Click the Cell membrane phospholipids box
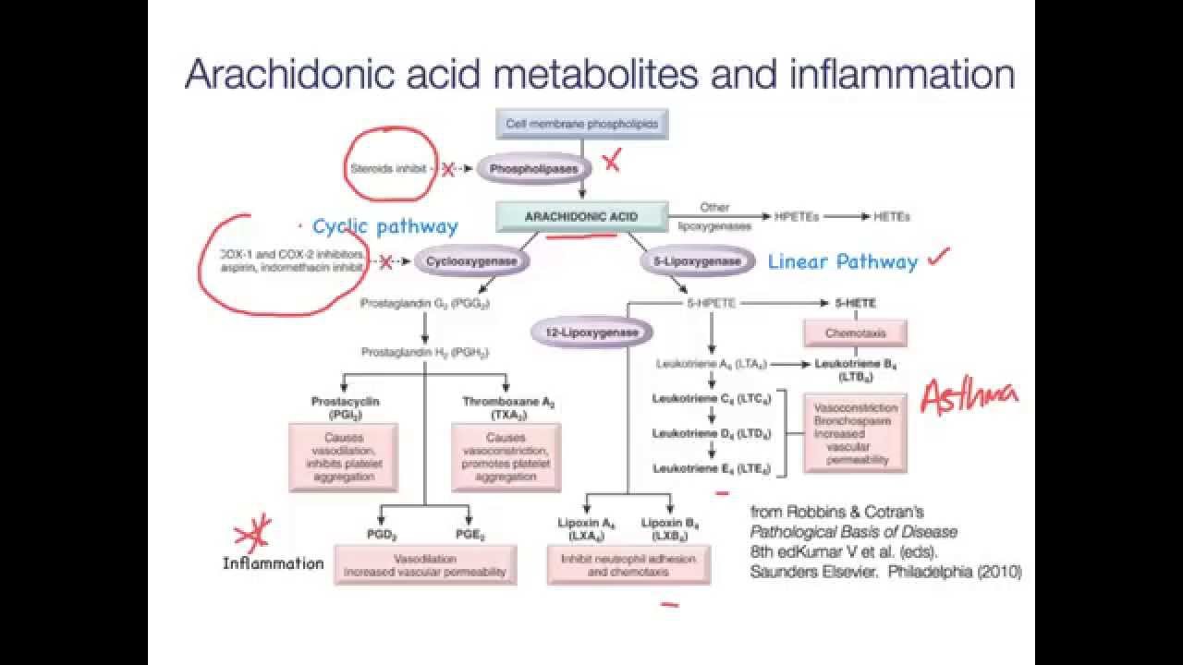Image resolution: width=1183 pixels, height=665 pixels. pos(581,123)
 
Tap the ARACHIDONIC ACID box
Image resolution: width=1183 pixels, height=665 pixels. pos(581,217)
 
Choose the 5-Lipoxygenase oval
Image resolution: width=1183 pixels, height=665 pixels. pos(697,261)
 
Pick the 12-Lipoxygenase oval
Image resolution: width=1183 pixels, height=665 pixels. pos(592,332)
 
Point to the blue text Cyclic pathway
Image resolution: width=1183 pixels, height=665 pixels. pos(384,226)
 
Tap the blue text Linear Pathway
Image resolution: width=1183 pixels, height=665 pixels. pos(843,262)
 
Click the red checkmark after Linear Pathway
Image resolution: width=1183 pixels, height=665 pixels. pos(939,257)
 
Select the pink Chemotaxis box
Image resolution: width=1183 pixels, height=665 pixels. pos(855,332)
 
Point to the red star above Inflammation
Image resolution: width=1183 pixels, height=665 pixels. pos(252,533)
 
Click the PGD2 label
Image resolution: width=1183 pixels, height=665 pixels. pos(381,536)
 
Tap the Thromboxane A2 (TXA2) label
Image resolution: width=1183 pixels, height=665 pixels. pos(506,409)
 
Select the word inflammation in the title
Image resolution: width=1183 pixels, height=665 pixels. pos(903,74)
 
